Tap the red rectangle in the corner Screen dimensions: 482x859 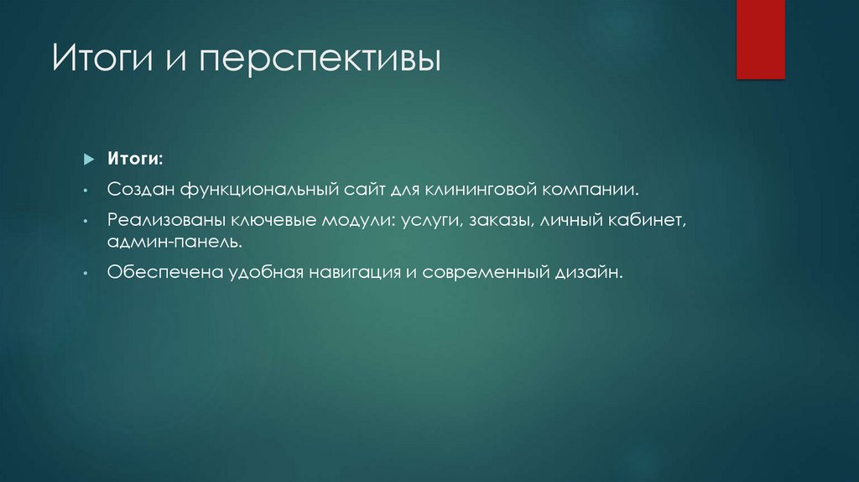pyautogui.click(x=760, y=39)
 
